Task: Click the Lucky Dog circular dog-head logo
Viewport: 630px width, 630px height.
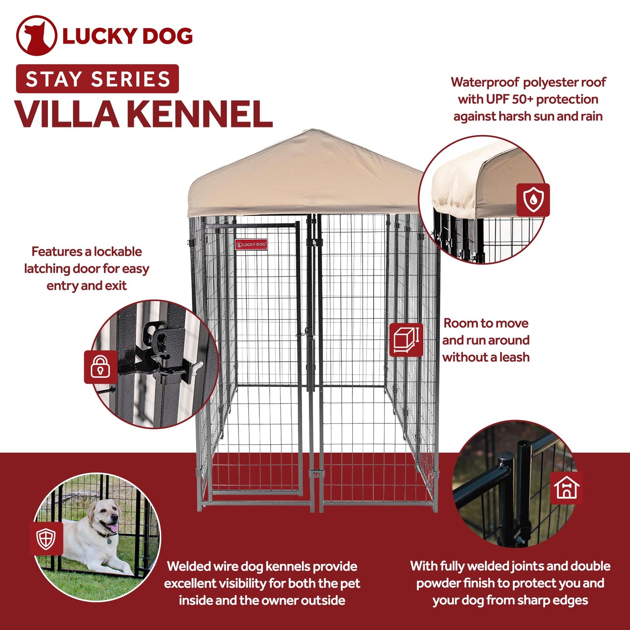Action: pyautogui.click(x=36, y=36)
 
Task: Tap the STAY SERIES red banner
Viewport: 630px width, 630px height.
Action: pyautogui.click(x=97, y=79)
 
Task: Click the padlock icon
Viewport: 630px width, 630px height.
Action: pyautogui.click(x=100, y=367)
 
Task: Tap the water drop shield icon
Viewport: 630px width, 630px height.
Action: pyautogui.click(x=533, y=200)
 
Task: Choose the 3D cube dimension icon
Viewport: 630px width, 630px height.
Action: pyautogui.click(x=405, y=340)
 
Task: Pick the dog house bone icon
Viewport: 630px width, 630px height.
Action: pyautogui.click(x=566, y=487)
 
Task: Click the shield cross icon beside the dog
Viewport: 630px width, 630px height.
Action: pyautogui.click(x=46, y=538)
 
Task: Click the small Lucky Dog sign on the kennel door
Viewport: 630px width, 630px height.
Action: pyautogui.click(x=251, y=244)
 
